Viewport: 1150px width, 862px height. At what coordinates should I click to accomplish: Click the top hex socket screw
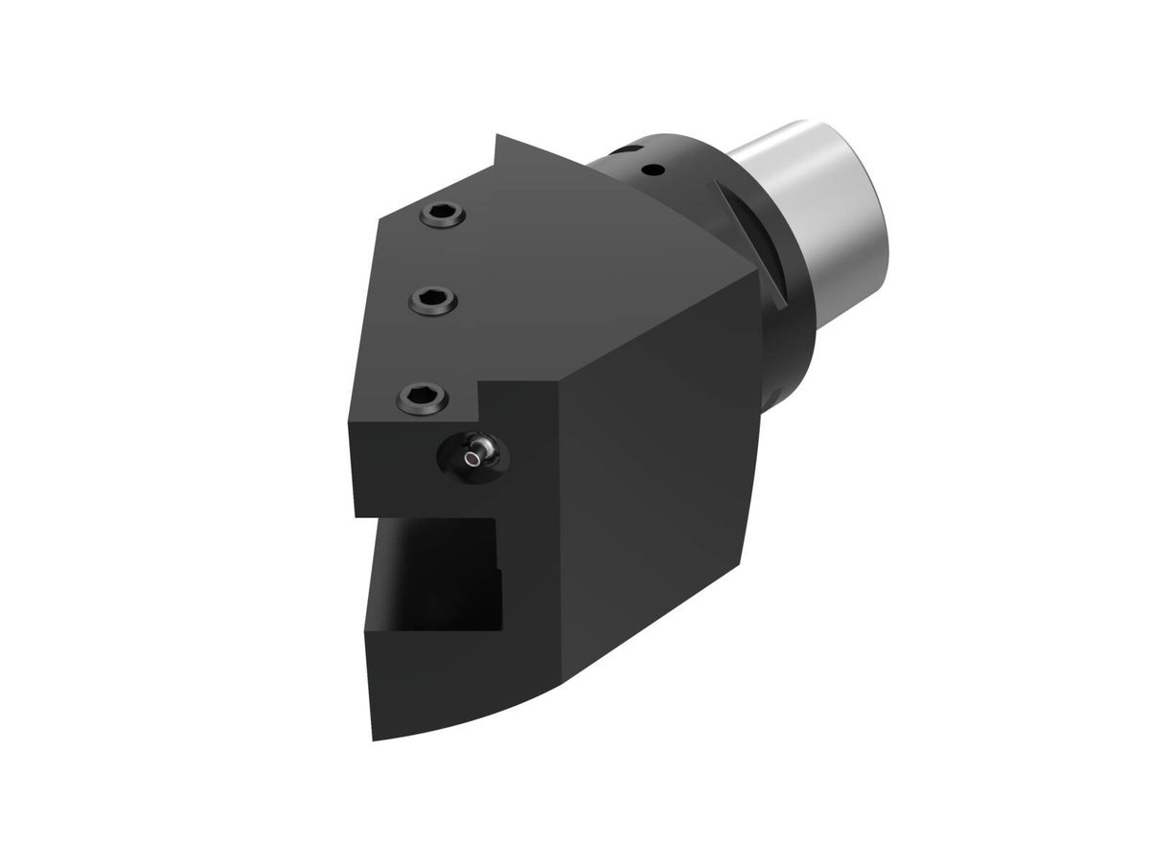click(443, 215)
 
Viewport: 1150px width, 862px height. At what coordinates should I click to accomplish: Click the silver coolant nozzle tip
click(471, 460)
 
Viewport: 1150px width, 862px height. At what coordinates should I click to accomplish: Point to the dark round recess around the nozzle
click(460, 457)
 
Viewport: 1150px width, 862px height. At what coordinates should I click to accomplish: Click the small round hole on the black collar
click(654, 171)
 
